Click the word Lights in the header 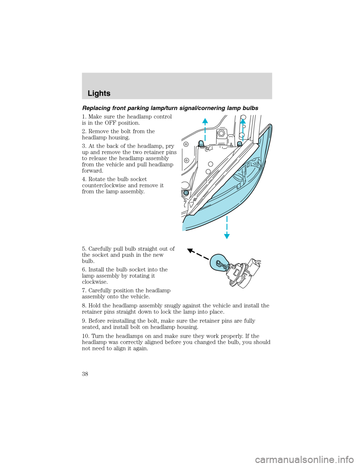pos(99,93)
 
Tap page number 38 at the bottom pos(85,374)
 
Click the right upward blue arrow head pos(243,121)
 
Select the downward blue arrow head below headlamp pos(227,235)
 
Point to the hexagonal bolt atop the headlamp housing pos(221,133)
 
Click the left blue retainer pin pos(201,144)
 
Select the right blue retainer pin pos(239,143)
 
